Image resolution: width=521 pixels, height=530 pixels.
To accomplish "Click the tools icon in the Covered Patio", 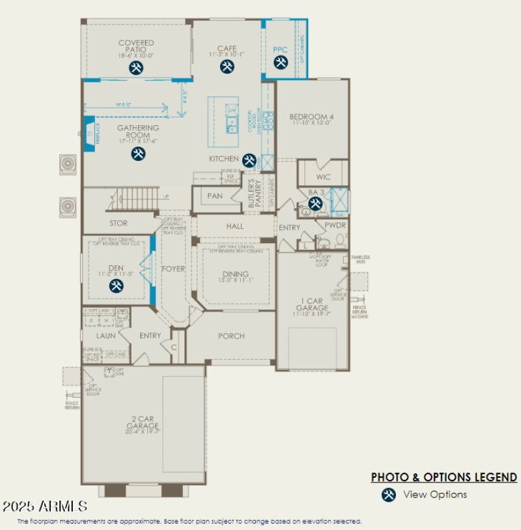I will pos(135,68).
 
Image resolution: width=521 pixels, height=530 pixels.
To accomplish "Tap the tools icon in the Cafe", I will pos(227,66).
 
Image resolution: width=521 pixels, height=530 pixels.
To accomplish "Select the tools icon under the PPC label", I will pos(281,63).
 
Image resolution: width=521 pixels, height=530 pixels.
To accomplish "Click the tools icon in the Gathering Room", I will pos(138,153).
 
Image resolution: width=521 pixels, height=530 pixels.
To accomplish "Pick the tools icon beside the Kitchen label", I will pos(249,160).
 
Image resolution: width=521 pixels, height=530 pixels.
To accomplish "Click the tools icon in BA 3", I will pos(316,203).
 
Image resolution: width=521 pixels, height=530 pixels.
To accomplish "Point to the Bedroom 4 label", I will pos(311,117).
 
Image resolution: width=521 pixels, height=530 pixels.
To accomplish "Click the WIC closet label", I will pos(324,177).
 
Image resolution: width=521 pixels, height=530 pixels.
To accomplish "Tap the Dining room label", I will pos(235,274).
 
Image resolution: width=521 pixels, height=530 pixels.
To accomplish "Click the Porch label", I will pos(231,336).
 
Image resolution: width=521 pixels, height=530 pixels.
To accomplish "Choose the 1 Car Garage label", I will pos(312,304).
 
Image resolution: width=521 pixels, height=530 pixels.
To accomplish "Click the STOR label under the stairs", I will pos(119,223).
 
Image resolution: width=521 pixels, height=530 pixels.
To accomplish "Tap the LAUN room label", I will pos(106,336).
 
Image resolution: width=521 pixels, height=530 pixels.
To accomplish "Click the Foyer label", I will pos(173,269).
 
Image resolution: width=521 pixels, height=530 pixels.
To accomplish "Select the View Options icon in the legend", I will pos(389,495).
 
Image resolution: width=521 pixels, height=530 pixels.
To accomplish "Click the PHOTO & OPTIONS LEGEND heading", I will pos(444,478).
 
